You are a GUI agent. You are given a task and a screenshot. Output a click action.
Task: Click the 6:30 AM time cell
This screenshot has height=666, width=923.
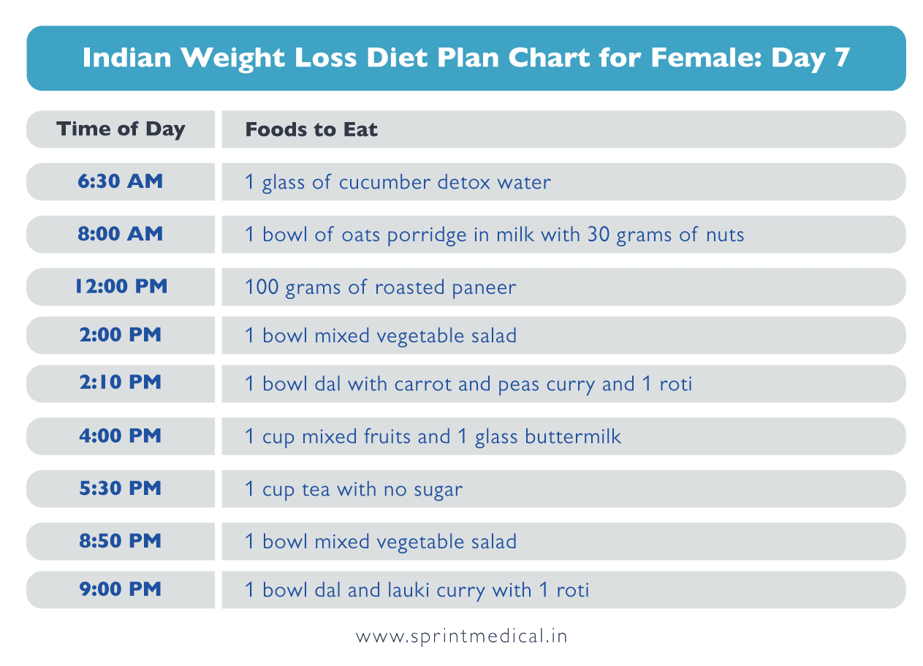[121, 181]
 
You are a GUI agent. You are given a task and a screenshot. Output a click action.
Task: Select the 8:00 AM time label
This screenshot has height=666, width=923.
[121, 234]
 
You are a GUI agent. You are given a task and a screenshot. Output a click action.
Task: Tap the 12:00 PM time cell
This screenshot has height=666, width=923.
[121, 287]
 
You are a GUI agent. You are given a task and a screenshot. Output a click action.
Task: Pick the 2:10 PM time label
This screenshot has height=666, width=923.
[121, 383]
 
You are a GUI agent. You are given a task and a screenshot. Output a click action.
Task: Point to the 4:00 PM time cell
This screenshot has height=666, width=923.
[121, 436]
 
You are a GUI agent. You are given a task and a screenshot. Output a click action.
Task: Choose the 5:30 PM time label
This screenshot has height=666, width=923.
[121, 488]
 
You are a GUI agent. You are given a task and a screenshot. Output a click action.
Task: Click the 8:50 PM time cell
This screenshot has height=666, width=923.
[121, 541]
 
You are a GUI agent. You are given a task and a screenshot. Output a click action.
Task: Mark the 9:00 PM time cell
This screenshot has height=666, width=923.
[121, 589]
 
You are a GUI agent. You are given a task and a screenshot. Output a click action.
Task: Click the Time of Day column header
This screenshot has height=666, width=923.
[121, 129]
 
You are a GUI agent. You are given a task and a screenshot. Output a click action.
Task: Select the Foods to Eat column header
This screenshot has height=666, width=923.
[311, 130]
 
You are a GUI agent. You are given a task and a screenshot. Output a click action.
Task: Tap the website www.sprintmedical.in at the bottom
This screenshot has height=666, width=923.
[461, 636]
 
